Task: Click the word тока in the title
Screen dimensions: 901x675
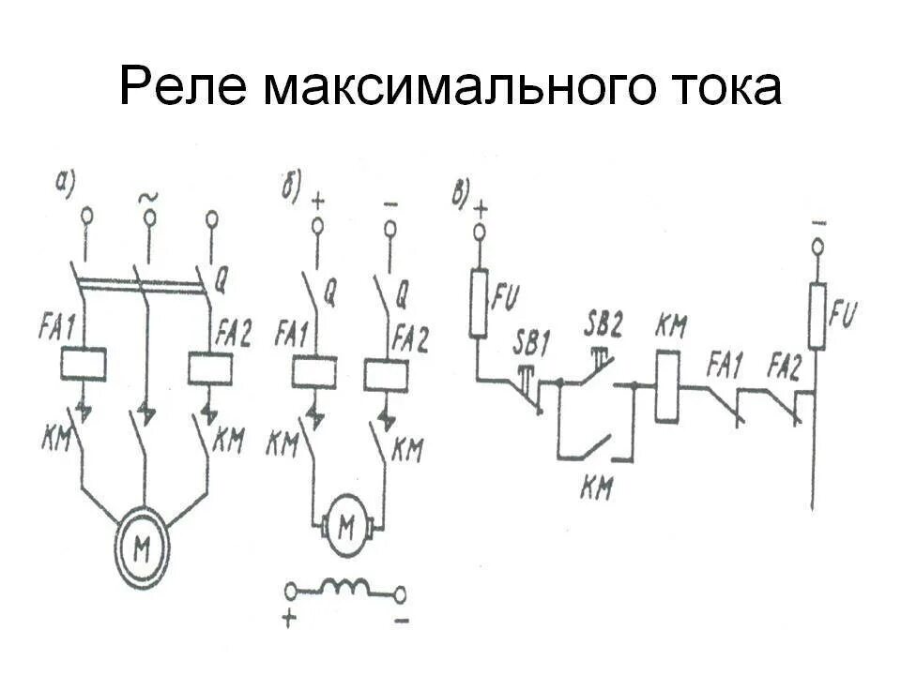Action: pos(717,90)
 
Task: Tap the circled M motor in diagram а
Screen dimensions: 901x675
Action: pos(144,550)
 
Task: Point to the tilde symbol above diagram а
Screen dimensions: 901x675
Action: pos(147,197)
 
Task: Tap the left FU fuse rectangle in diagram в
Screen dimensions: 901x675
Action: pos(480,303)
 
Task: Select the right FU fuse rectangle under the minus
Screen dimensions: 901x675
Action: pos(817,316)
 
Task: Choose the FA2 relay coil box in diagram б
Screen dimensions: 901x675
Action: pos(385,374)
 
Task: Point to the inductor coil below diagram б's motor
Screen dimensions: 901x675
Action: pos(345,589)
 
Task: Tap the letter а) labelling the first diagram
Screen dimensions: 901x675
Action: pos(65,184)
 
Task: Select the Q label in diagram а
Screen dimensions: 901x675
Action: pos(222,277)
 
